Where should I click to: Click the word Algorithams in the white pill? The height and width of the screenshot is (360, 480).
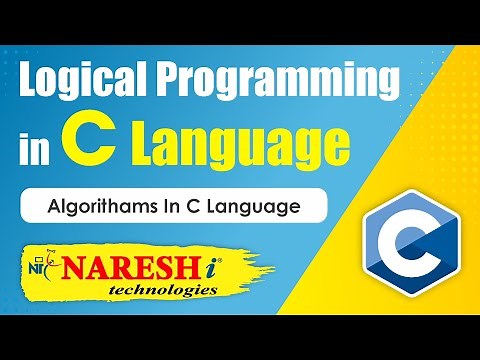(x=93, y=208)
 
